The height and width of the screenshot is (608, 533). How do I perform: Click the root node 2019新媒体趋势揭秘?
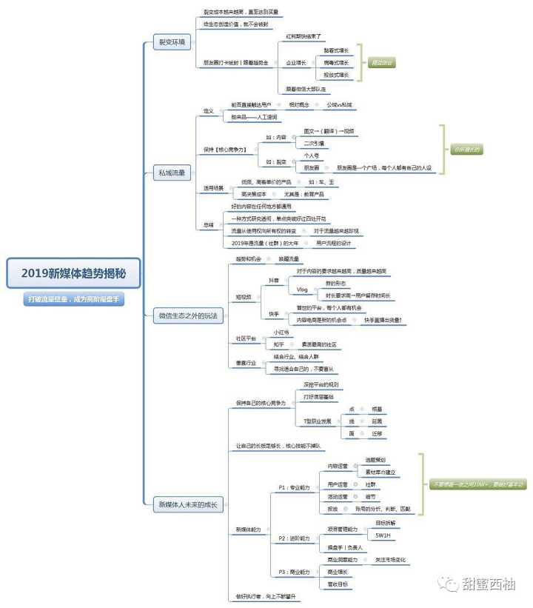[73, 273]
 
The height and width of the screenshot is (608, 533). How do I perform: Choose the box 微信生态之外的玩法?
[188, 315]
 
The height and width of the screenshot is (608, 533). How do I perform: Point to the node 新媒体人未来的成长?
[186, 504]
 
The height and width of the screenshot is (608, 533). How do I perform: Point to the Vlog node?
[302, 290]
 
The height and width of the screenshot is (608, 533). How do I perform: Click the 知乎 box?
[280, 344]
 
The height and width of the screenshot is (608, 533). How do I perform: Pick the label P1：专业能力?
[293, 487]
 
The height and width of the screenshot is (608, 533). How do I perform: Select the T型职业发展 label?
[316, 421]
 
